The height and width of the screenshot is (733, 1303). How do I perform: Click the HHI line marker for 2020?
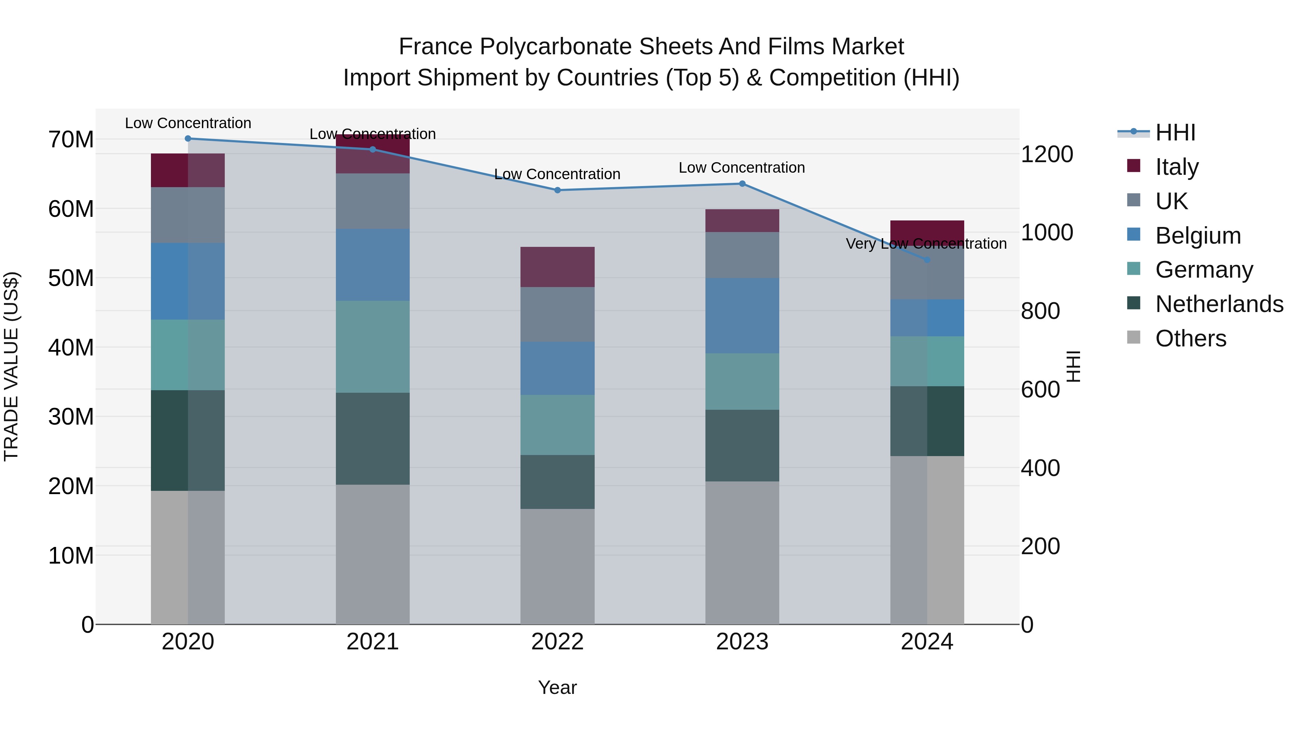187,139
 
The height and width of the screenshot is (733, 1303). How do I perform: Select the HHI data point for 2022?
557,190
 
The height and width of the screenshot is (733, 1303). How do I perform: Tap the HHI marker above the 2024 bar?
927,260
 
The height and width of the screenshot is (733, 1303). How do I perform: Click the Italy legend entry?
1177,167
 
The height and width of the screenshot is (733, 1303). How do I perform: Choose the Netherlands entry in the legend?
1219,304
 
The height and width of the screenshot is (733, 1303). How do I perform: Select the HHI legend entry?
1175,132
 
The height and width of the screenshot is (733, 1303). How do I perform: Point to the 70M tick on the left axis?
71,140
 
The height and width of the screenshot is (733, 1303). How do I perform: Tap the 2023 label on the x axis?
742,642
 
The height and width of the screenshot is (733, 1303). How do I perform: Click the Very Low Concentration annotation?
926,244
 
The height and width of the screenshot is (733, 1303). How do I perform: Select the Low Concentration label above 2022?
557,174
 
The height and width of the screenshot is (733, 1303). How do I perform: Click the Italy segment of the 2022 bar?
557,267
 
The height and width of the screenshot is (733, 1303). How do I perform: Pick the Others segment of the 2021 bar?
372,554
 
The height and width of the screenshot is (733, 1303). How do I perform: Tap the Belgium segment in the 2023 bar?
742,316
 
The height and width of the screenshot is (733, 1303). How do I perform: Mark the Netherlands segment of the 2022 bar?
557,481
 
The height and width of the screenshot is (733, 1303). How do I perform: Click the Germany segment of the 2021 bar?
372,347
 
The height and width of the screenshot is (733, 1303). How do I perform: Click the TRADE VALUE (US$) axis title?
11,366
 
